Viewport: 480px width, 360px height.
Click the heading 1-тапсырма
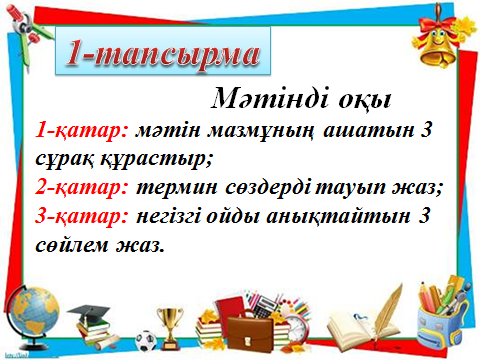coord(163,52)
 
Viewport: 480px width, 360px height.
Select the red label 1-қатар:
coord(82,130)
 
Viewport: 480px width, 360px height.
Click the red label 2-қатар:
coord(82,188)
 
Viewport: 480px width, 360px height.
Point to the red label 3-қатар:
coord(82,216)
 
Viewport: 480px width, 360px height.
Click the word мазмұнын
coord(261,131)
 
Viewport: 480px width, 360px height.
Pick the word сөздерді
coord(268,188)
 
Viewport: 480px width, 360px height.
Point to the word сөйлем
coord(72,245)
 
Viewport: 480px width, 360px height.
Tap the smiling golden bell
coord(439,43)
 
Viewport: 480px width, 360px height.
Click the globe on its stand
coord(32,317)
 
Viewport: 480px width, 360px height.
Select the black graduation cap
coord(88,313)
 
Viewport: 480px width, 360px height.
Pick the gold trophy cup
coord(170,327)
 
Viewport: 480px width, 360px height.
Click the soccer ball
coord(146,341)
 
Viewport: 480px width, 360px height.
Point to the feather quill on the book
coord(388,313)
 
